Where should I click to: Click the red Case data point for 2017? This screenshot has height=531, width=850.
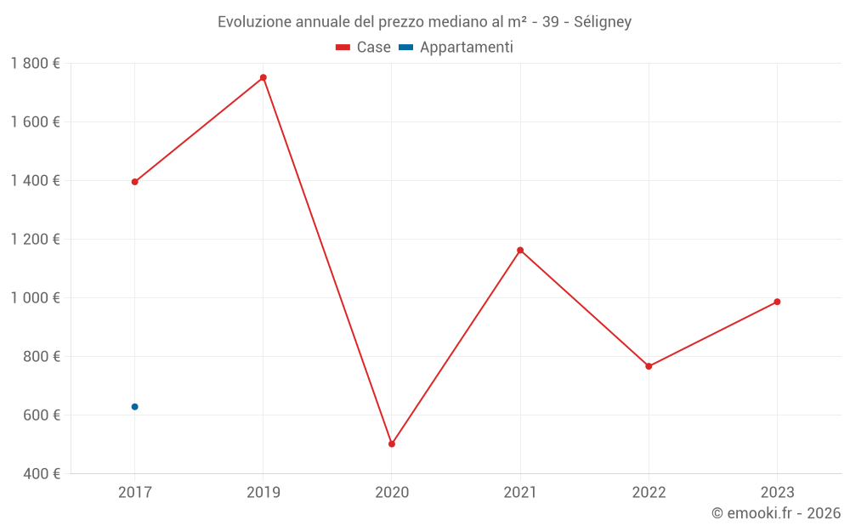134,182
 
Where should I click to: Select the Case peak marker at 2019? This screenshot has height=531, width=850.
263,77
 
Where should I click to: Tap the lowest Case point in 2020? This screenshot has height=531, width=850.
392,443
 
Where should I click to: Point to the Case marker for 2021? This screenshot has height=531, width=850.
520,251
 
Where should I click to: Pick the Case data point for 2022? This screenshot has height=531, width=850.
649,366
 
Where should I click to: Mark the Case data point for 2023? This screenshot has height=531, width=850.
777,302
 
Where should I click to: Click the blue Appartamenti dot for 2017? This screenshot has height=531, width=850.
134,407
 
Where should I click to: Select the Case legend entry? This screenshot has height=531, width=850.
364,48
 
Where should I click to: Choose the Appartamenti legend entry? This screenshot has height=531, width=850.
456,48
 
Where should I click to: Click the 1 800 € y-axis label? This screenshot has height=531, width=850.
36,64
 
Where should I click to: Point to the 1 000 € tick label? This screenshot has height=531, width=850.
36,298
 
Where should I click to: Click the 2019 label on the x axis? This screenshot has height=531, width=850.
263,493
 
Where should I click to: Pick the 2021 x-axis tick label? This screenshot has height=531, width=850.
520,493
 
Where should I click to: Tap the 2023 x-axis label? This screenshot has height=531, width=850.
777,493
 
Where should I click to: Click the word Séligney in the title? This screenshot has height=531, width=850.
603,22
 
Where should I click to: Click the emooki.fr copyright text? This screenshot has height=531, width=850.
776,513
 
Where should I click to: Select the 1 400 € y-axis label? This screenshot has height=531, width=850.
36,181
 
